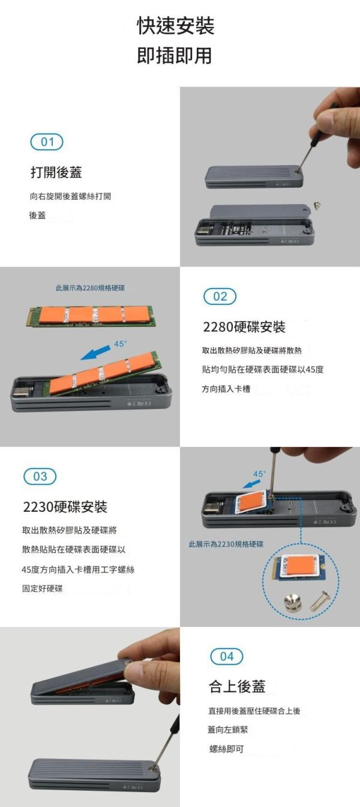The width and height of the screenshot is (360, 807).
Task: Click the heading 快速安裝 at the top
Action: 175,26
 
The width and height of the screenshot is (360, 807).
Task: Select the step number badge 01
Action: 47,142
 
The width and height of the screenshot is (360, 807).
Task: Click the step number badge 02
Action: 220,296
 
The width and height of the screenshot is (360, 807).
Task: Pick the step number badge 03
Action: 40,476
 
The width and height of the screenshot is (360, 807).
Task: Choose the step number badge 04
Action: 227,656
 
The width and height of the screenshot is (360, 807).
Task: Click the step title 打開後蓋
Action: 56,173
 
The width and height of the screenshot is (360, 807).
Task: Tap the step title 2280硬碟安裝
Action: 244,328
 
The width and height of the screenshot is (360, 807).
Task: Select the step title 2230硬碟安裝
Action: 65,507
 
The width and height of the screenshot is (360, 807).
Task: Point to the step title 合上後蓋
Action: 236,686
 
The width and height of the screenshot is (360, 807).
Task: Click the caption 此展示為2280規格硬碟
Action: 90,289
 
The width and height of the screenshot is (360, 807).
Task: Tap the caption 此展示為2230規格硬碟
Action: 226,544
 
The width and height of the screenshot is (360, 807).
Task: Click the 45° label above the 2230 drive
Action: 259,474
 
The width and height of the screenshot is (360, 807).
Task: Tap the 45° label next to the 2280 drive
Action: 120,344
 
